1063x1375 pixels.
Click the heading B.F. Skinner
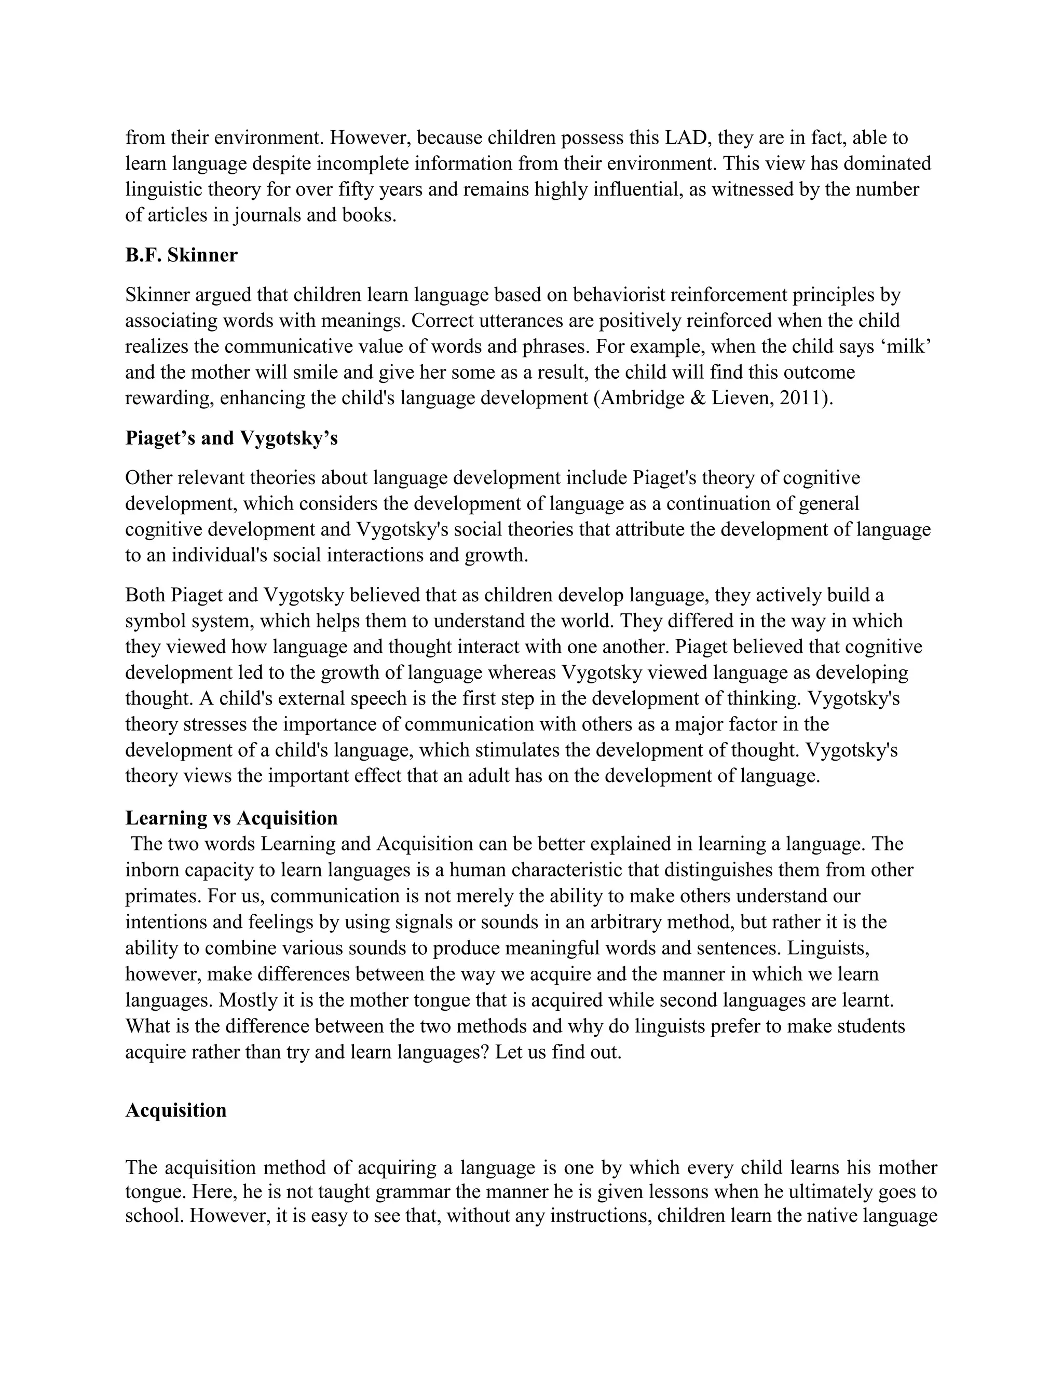[181, 256]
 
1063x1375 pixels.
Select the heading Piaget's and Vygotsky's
[231, 438]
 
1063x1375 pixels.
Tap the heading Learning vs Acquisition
[231, 818]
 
